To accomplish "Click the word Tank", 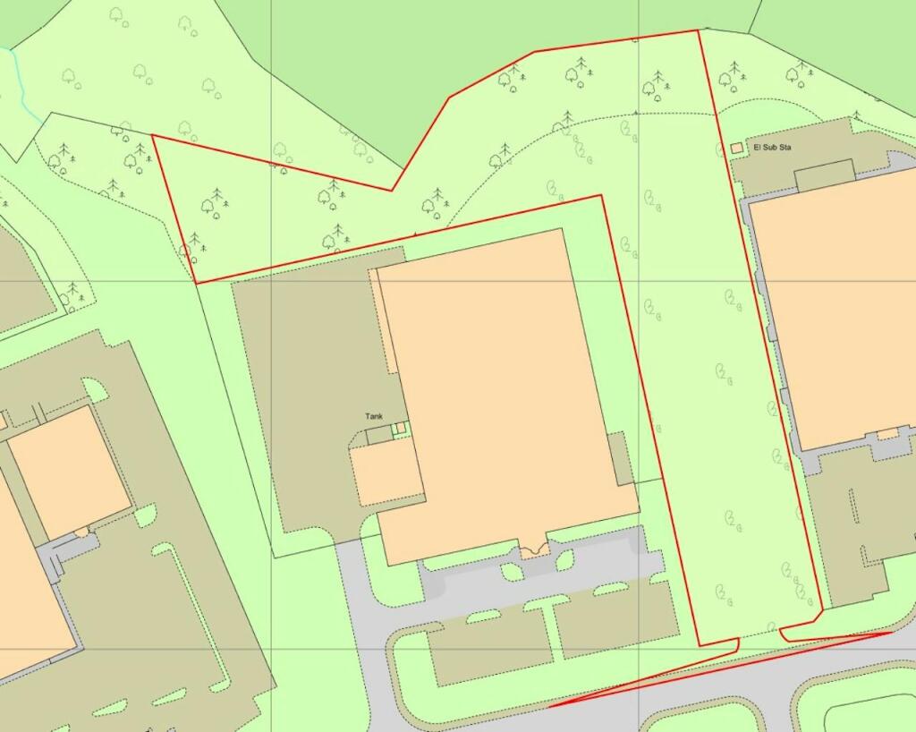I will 374,416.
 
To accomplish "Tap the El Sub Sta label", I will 773,147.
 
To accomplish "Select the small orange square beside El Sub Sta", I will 737,147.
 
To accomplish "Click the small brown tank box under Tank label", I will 379,435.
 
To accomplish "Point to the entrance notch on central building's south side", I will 534,549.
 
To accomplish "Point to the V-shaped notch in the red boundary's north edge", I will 392,190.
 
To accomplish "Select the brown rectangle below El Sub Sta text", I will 824,175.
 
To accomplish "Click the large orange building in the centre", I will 501,385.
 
